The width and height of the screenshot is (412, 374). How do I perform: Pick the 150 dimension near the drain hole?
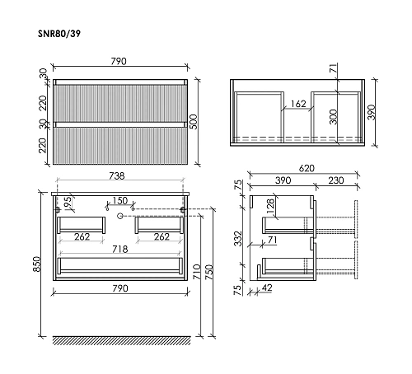coord(120,201)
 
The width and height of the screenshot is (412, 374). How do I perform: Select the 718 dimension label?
coord(120,248)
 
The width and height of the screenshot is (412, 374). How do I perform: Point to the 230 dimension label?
coord(336,180)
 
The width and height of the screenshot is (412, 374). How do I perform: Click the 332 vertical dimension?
coord(237,239)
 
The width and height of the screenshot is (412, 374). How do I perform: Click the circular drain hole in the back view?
coord(120,215)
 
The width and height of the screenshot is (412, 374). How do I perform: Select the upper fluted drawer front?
coord(120,102)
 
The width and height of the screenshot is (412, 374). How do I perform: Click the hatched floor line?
coord(120,339)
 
